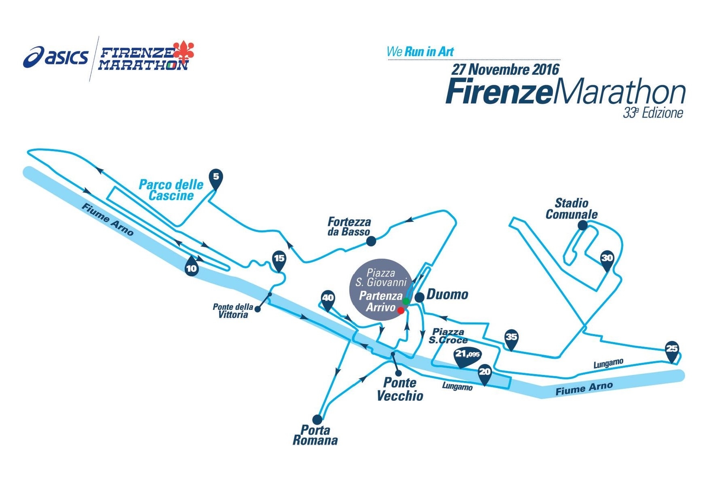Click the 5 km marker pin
click(216, 179)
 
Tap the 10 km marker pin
click(192, 266)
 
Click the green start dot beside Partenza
click(406, 301)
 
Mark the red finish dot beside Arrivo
click(401, 310)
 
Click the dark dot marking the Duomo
click(420, 297)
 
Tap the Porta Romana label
click(315, 435)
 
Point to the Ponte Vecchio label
click(400, 389)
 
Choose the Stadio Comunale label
click(572, 208)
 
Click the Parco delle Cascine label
click(171, 190)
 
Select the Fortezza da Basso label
click(349, 227)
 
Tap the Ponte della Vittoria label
click(233, 311)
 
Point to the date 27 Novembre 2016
click(505, 69)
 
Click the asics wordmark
click(56, 57)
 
